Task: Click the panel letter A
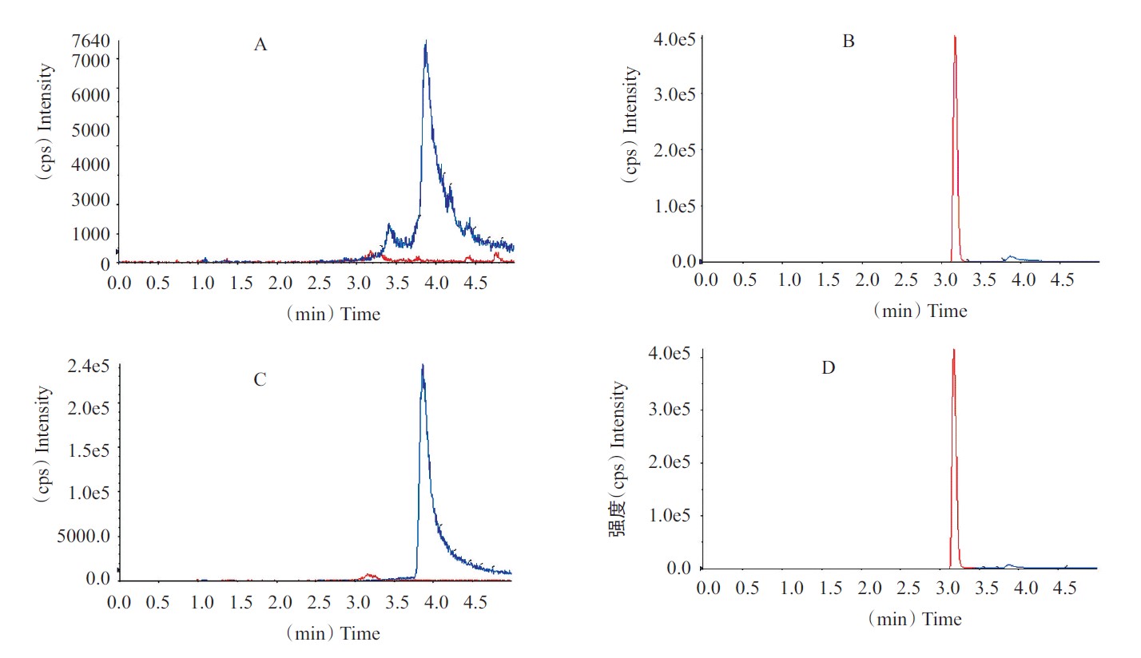(260, 45)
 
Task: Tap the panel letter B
(848, 41)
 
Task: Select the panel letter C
(260, 379)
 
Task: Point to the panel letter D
(829, 367)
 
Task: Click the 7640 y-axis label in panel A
(90, 41)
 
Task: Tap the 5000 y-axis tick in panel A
(90, 130)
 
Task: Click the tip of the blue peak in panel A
(426, 41)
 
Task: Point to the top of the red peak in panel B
(955, 36)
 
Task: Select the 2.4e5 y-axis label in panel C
(89, 366)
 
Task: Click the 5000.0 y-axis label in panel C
(84, 535)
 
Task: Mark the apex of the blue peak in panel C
(423, 365)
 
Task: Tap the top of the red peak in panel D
(953, 350)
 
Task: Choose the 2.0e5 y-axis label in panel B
(674, 150)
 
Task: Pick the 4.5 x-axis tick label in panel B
(1062, 279)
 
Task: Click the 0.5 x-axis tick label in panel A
(158, 283)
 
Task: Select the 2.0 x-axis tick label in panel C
(280, 603)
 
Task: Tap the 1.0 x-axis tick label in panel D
(792, 589)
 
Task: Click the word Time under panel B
(946, 311)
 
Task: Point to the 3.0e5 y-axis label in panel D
(670, 409)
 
